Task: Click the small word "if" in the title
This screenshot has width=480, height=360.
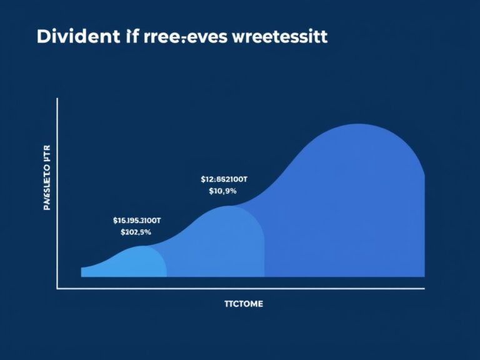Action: click(x=128, y=36)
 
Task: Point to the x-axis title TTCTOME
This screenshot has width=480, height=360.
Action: click(x=243, y=304)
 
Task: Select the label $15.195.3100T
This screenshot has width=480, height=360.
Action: click(x=137, y=220)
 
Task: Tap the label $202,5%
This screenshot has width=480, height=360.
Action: click(x=136, y=232)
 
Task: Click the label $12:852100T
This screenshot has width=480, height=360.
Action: click(x=224, y=179)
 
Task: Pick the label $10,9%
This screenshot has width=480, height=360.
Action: click(x=223, y=191)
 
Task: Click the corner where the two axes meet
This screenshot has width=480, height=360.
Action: click(x=57, y=289)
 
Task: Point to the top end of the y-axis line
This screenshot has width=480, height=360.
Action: click(x=57, y=98)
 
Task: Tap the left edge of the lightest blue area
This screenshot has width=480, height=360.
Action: click(x=81, y=272)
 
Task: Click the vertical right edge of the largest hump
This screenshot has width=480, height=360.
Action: click(x=425, y=225)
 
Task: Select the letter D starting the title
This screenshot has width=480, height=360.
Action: click(x=43, y=37)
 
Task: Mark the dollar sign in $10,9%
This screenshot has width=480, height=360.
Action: click(x=211, y=191)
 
